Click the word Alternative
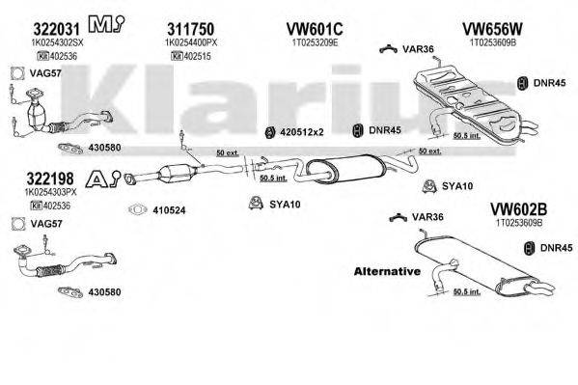coord(386,271)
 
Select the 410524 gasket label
coord(171,208)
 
